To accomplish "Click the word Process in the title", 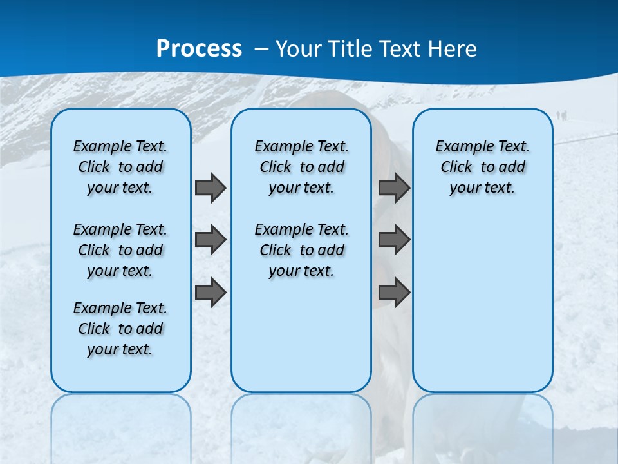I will (199, 49).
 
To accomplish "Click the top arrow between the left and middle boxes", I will (211, 188).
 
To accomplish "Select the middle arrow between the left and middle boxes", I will (211, 240).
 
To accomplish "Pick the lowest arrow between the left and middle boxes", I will (211, 292).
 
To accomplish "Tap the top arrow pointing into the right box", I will (394, 188).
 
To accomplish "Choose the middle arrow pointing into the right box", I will (394, 240).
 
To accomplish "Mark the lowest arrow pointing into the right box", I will (394, 292).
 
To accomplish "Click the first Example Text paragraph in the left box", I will (120, 167).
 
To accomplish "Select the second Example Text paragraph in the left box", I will (120, 250).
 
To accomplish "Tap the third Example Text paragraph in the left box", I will (120, 329).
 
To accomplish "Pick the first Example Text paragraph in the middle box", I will (301, 167).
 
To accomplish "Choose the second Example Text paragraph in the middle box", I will (301, 250).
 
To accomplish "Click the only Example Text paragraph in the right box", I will (482, 167).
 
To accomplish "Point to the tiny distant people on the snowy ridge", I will (561, 115).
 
